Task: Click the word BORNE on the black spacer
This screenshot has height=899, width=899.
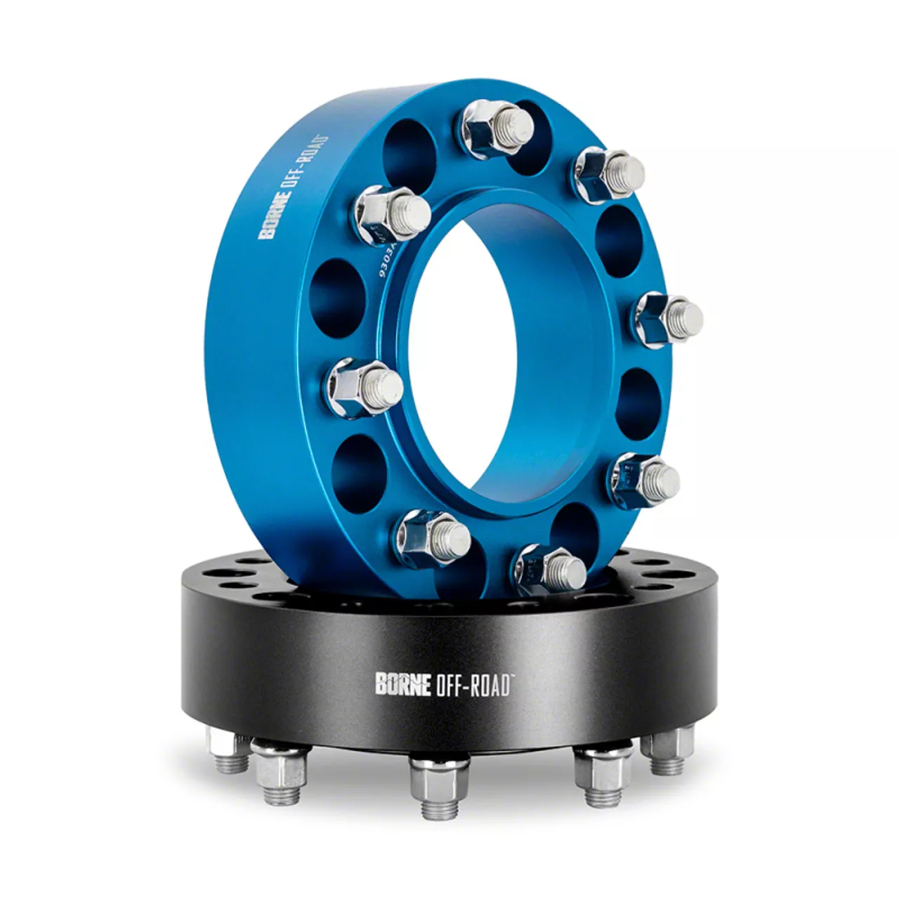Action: click(x=402, y=685)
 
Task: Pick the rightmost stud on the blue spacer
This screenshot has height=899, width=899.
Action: click(x=672, y=315)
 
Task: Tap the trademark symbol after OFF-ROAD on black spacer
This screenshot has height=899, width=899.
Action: click(x=513, y=677)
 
